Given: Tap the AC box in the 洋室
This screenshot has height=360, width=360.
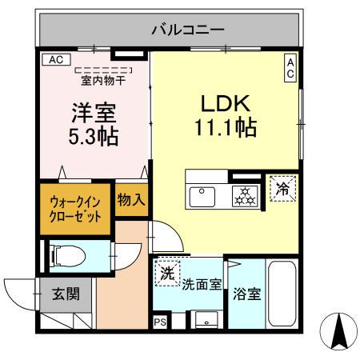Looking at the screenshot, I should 55,59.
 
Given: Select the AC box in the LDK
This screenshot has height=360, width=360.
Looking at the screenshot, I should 290,68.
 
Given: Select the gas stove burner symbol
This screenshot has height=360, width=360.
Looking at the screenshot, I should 243,196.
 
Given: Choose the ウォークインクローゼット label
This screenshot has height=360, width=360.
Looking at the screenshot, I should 76,209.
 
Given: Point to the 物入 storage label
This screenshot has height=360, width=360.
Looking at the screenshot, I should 130,199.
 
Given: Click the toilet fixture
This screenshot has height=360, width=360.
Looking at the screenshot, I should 69,256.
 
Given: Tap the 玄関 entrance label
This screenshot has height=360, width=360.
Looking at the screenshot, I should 66,294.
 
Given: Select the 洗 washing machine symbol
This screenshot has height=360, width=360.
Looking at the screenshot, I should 166,272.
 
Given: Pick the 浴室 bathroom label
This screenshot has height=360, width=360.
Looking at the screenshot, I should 246,294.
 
